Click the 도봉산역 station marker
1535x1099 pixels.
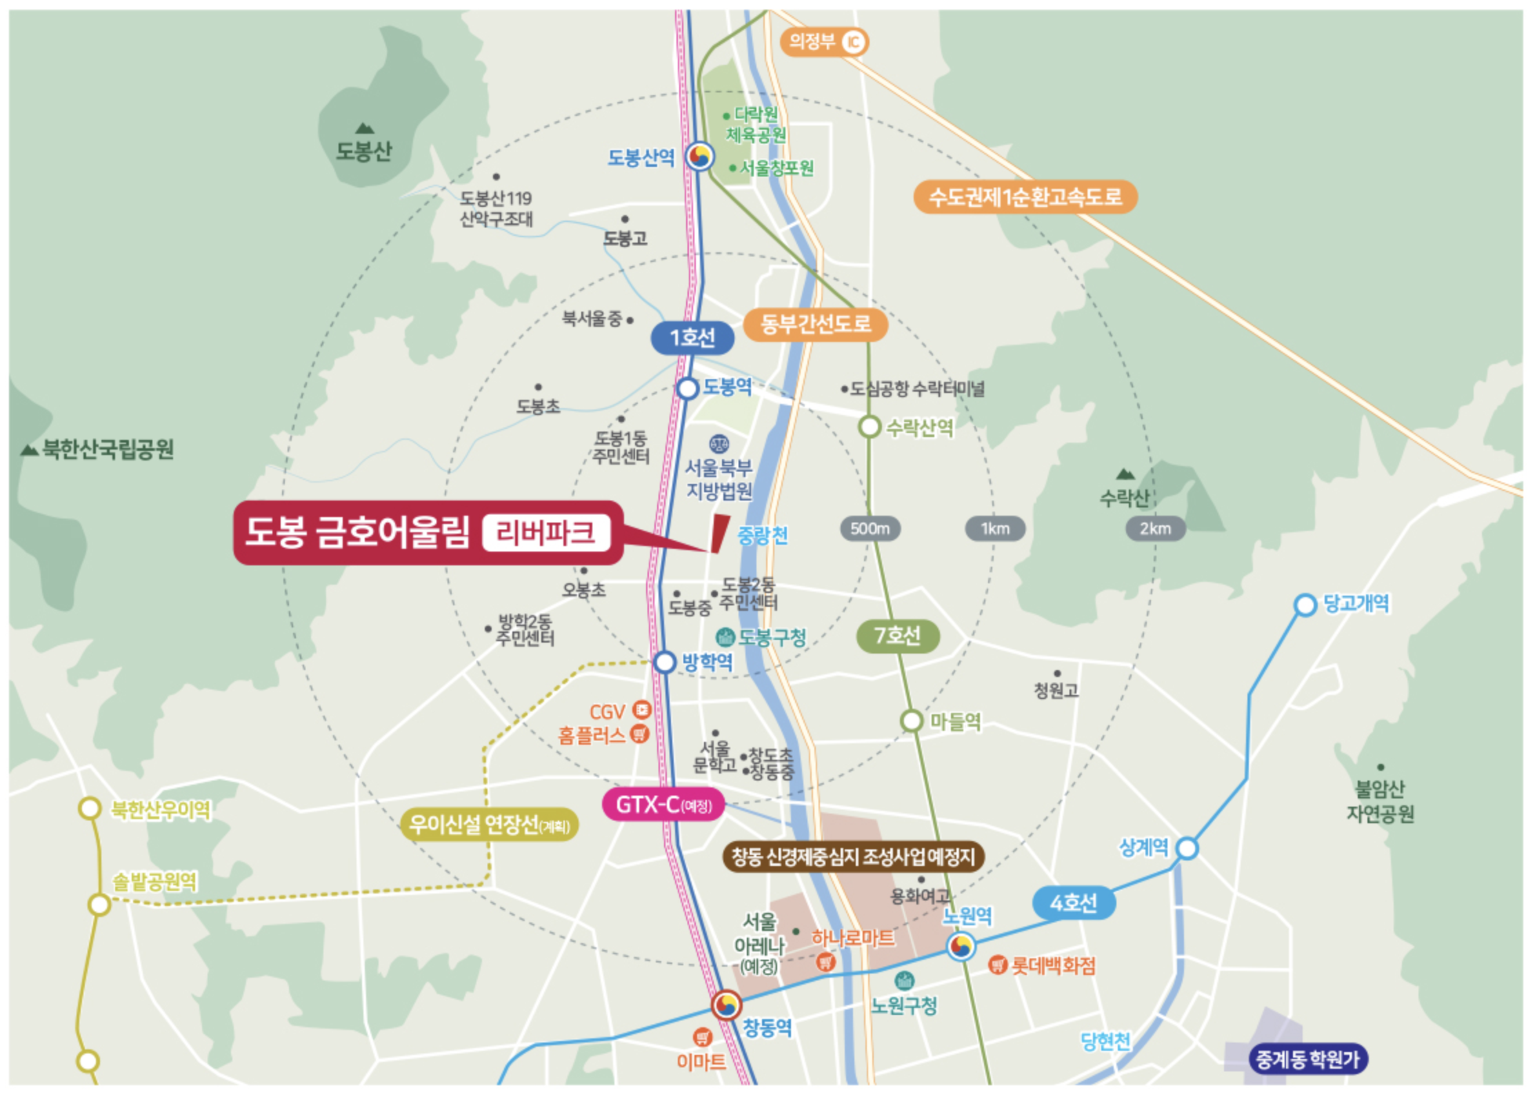click(x=699, y=157)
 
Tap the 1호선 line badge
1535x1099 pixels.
click(x=692, y=338)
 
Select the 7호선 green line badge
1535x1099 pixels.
click(x=897, y=635)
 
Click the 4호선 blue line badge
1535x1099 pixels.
click(x=1074, y=903)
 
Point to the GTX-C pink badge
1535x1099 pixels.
click(x=663, y=805)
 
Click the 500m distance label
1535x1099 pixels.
click(x=870, y=529)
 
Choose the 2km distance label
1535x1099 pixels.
click(x=1155, y=529)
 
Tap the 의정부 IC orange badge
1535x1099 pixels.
click(x=823, y=42)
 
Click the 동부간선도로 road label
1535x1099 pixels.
click(x=815, y=323)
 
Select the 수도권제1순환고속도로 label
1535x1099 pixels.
click(x=1025, y=197)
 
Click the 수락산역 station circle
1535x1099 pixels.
click(x=870, y=427)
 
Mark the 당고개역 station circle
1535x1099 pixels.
click(x=1305, y=605)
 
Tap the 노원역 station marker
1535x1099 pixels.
click(x=961, y=946)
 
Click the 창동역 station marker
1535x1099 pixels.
click(x=725, y=1005)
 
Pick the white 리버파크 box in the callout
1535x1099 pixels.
click(x=546, y=533)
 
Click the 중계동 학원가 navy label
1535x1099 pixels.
click(x=1307, y=1059)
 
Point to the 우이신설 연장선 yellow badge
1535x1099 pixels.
click(x=489, y=825)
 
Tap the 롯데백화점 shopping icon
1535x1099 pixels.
click(x=997, y=965)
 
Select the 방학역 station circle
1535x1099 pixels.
click(x=664, y=662)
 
